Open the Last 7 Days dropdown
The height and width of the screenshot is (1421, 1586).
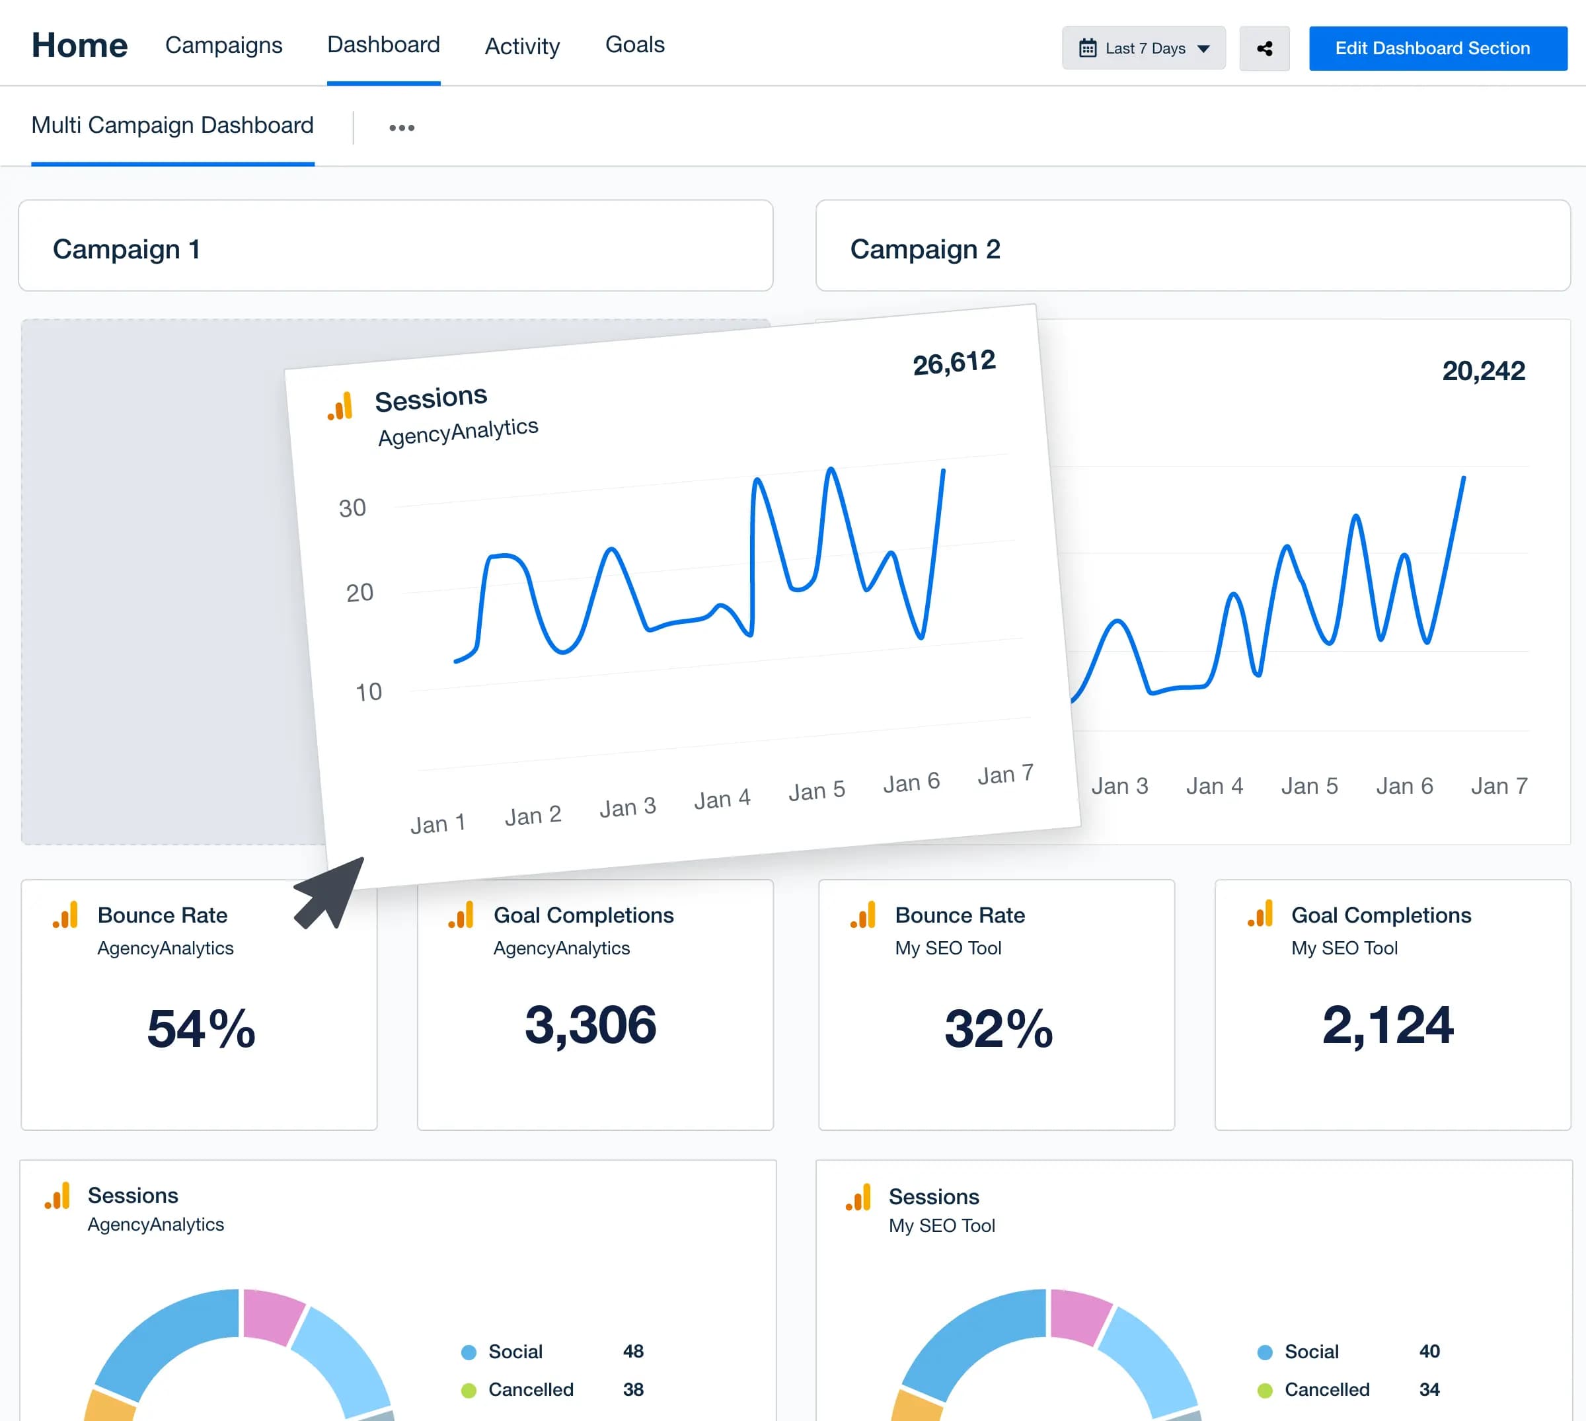coord(1143,48)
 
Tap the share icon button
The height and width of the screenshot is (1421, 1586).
coord(1264,48)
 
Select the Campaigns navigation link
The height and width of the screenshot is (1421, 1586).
coord(223,46)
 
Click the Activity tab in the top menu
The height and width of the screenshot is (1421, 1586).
coord(521,47)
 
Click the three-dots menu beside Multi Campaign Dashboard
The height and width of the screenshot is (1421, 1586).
coord(401,128)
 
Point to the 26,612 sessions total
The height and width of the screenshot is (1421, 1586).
coord(953,363)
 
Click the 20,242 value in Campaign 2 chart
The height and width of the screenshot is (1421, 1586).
coord(1482,371)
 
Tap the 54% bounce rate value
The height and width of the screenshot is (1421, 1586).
coord(201,1028)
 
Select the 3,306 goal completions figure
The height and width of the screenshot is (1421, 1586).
coord(590,1025)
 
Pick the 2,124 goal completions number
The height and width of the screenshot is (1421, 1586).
coord(1387,1025)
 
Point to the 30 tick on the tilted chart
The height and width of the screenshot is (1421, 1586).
coord(352,508)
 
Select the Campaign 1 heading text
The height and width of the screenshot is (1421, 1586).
coord(126,250)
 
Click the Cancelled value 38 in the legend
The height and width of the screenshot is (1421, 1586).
coord(633,1390)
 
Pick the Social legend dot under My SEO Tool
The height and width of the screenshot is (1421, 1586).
coord(1264,1352)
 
